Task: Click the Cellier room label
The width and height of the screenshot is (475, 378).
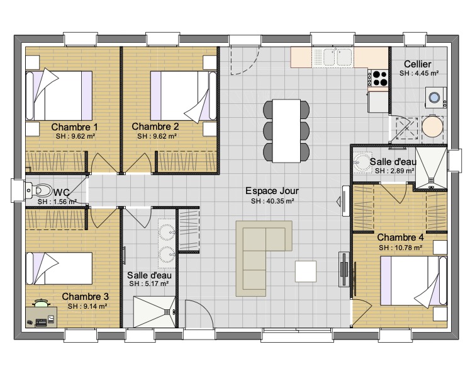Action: [x=418, y=64]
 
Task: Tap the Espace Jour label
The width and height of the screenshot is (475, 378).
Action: [x=272, y=191]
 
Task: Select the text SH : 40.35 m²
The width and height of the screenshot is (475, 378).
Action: [x=272, y=201]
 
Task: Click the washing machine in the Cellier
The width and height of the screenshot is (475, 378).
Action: [x=435, y=98]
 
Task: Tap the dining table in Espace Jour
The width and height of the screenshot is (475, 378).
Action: [x=286, y=131]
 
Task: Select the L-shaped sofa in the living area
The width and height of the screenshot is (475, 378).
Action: [x=264, y=258]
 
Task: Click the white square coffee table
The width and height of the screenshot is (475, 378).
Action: [x=306, y=271]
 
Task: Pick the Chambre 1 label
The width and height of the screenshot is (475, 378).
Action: [x=74, y=127]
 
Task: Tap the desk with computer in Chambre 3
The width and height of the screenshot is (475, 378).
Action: [x=41, y=317]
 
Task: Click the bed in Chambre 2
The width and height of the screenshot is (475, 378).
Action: [x=184, y=96]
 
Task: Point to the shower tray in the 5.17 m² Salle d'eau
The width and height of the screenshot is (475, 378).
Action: [x=155, y=312]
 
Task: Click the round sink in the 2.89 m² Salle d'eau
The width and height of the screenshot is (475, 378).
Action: [x=362, y=162]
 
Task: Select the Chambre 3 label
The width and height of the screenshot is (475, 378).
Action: [x=85, y=296]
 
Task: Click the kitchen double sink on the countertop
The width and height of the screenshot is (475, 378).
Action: [x=337, y=57]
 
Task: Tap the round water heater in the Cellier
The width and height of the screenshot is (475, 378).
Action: [x=433, y=127]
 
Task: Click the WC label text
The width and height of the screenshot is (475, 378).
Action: [x=62, y=192]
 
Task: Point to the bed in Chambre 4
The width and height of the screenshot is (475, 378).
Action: [x=413, y=280]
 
